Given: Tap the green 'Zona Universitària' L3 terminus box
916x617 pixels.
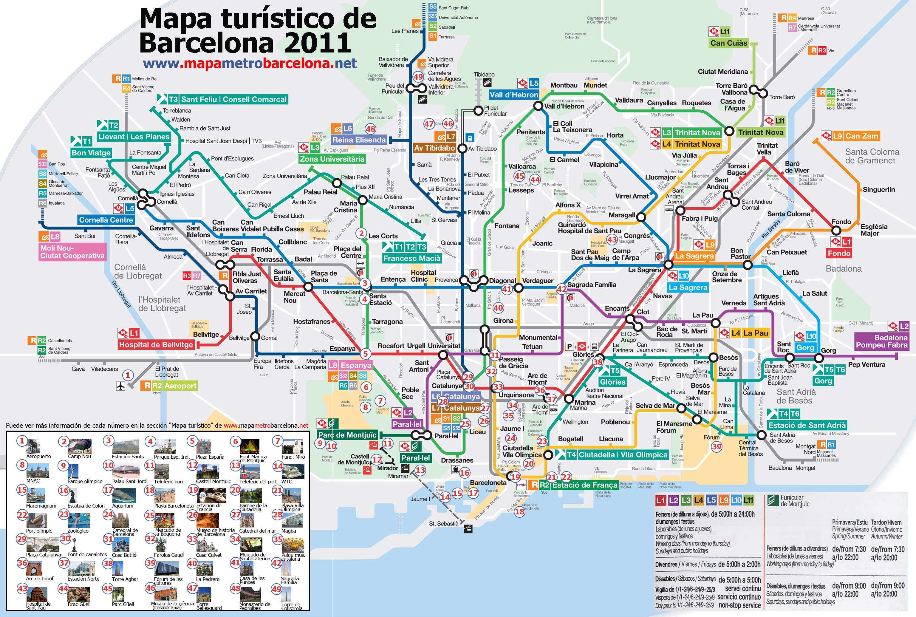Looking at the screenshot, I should (332, 159).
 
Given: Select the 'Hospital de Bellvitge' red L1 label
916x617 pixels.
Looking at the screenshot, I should (156, 345).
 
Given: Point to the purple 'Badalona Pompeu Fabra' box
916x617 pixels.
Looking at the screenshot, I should (881, 341).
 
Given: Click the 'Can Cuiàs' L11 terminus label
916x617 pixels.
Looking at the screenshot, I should (728, 43).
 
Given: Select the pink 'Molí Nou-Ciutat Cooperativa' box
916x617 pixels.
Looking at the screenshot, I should (72, 252).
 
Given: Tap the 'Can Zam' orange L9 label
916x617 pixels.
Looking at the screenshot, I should (861, 136).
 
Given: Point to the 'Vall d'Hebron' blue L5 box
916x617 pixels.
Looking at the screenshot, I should (513, 95).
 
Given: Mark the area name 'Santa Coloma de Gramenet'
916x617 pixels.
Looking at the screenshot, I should (872, 156).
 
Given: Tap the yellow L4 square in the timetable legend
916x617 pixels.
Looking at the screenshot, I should (698, 500).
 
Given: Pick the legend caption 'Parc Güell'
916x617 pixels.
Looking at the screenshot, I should (123, 604).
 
